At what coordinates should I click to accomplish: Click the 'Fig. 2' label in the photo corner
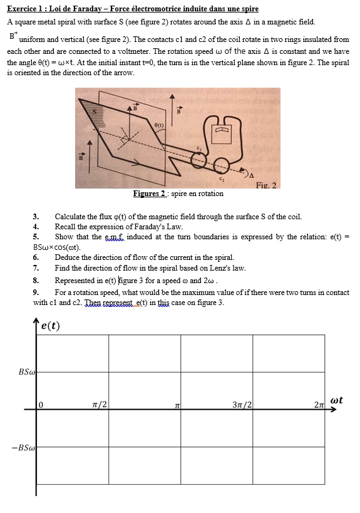coord(266,185)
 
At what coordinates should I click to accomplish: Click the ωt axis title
coord(336,400)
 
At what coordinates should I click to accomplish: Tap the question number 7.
coord(36,268)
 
